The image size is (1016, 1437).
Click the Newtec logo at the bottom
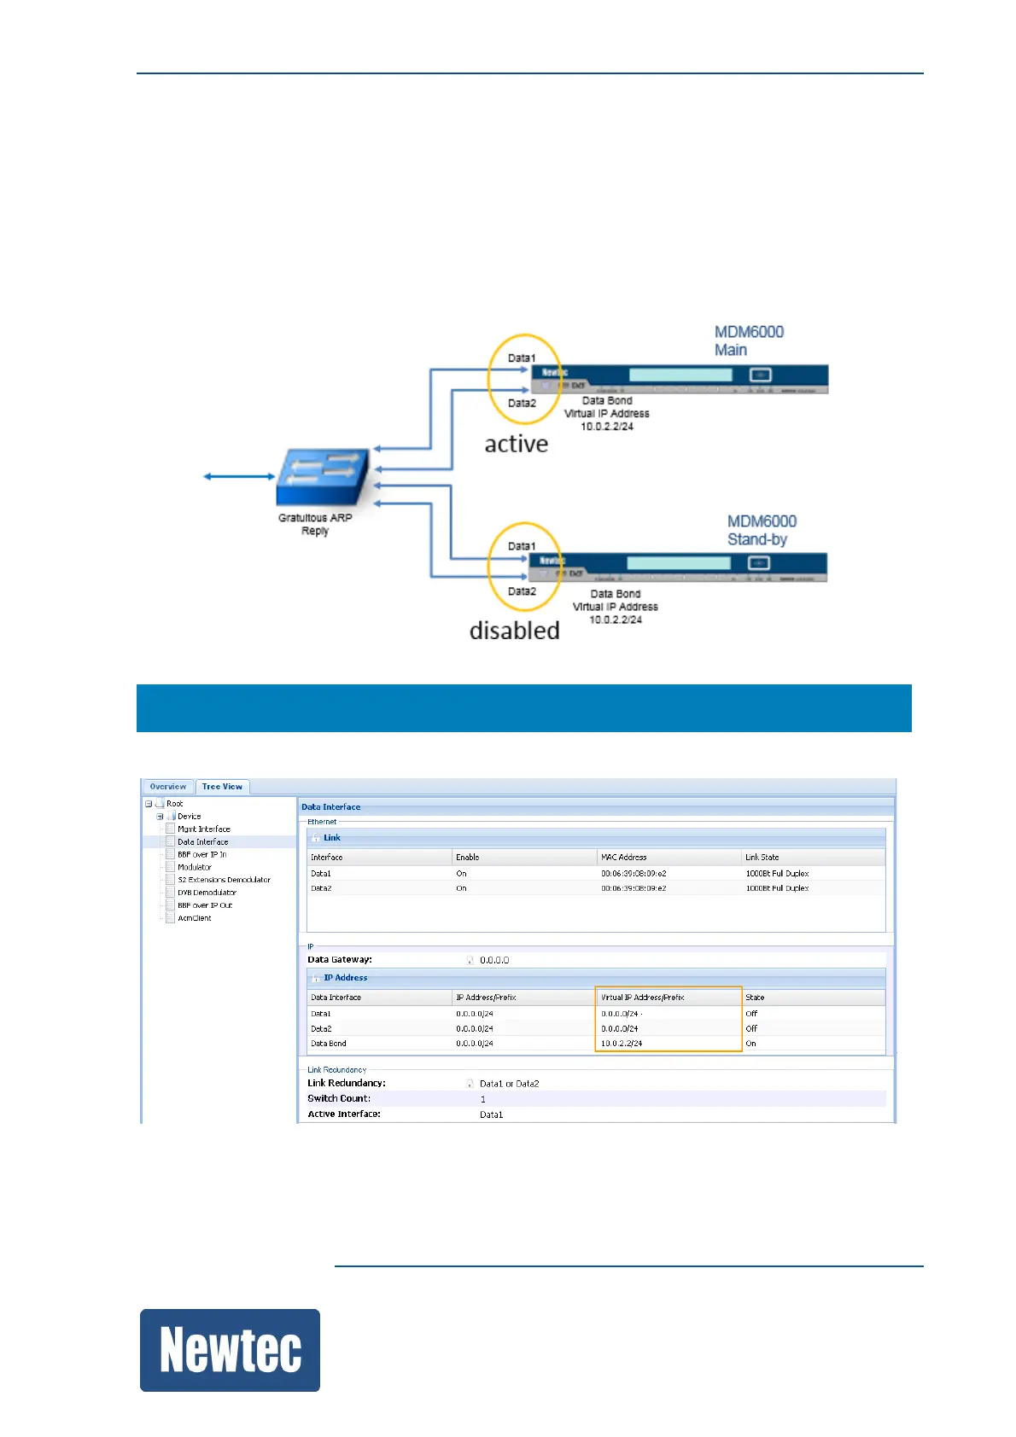(x=230, y=1350)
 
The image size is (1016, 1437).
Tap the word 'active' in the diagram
(x=516, y=444)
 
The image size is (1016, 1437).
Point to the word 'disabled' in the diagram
(x=514, y=631)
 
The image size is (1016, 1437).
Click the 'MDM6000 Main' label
(x=748, y=340)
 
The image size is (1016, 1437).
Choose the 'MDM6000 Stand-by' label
(x=761, y=530)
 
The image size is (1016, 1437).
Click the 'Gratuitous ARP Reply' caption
(x=315, y=524)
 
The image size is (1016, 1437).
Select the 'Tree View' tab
(x=222, y=787)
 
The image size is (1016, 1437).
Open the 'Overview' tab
(x=168, y=787)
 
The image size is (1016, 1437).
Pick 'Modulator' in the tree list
(x=195, y=867)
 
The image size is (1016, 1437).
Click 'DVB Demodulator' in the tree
(x=207, y=893)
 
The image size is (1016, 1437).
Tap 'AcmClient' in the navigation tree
(x=195, y=918)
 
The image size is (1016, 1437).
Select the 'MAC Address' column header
(x=624, y=857)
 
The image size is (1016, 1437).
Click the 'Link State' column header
(x=762, y=857)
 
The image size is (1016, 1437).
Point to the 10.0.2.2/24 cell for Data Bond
(x=622, y=1044)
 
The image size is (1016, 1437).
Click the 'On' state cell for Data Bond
(x=751, y=1044)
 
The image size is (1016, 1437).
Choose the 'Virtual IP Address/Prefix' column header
(x=643, y=997)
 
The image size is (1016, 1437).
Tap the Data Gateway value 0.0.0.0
(x=494, y=960)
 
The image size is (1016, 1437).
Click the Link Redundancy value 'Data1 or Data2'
(x=509, y=1084)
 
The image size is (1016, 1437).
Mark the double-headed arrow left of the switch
(x=239, y=476)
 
